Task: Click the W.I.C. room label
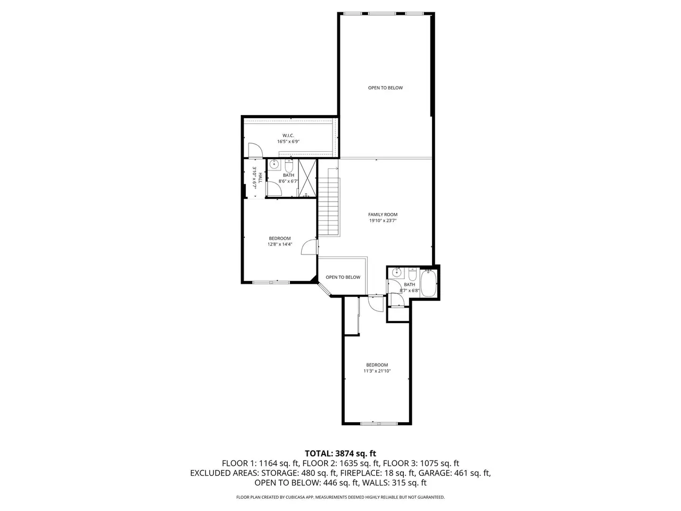coord(288,136)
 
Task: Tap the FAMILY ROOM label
coord(383,215)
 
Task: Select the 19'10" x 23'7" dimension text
coord(383,220)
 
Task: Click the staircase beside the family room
coord(329,202)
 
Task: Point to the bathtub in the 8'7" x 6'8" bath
coord(428,283)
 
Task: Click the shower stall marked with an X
coord(307,178)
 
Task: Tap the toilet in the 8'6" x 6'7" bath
coord(289,166)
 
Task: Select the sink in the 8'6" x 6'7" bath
coord(274,164)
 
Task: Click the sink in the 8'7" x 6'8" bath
coord(396,273)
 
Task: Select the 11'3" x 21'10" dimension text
coord(377,371)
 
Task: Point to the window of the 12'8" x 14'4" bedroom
coord(271,282)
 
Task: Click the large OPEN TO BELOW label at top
coord(385,88)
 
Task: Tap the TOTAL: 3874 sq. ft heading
coord(340,454)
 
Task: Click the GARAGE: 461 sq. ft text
coord(454,473)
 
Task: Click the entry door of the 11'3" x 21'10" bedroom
coord(376,304)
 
